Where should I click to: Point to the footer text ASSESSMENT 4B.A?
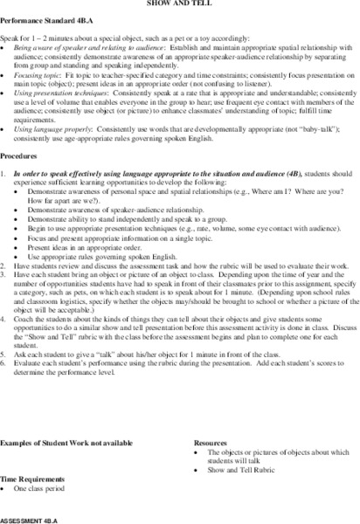[31, 517]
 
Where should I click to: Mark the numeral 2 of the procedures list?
[5, 291]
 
